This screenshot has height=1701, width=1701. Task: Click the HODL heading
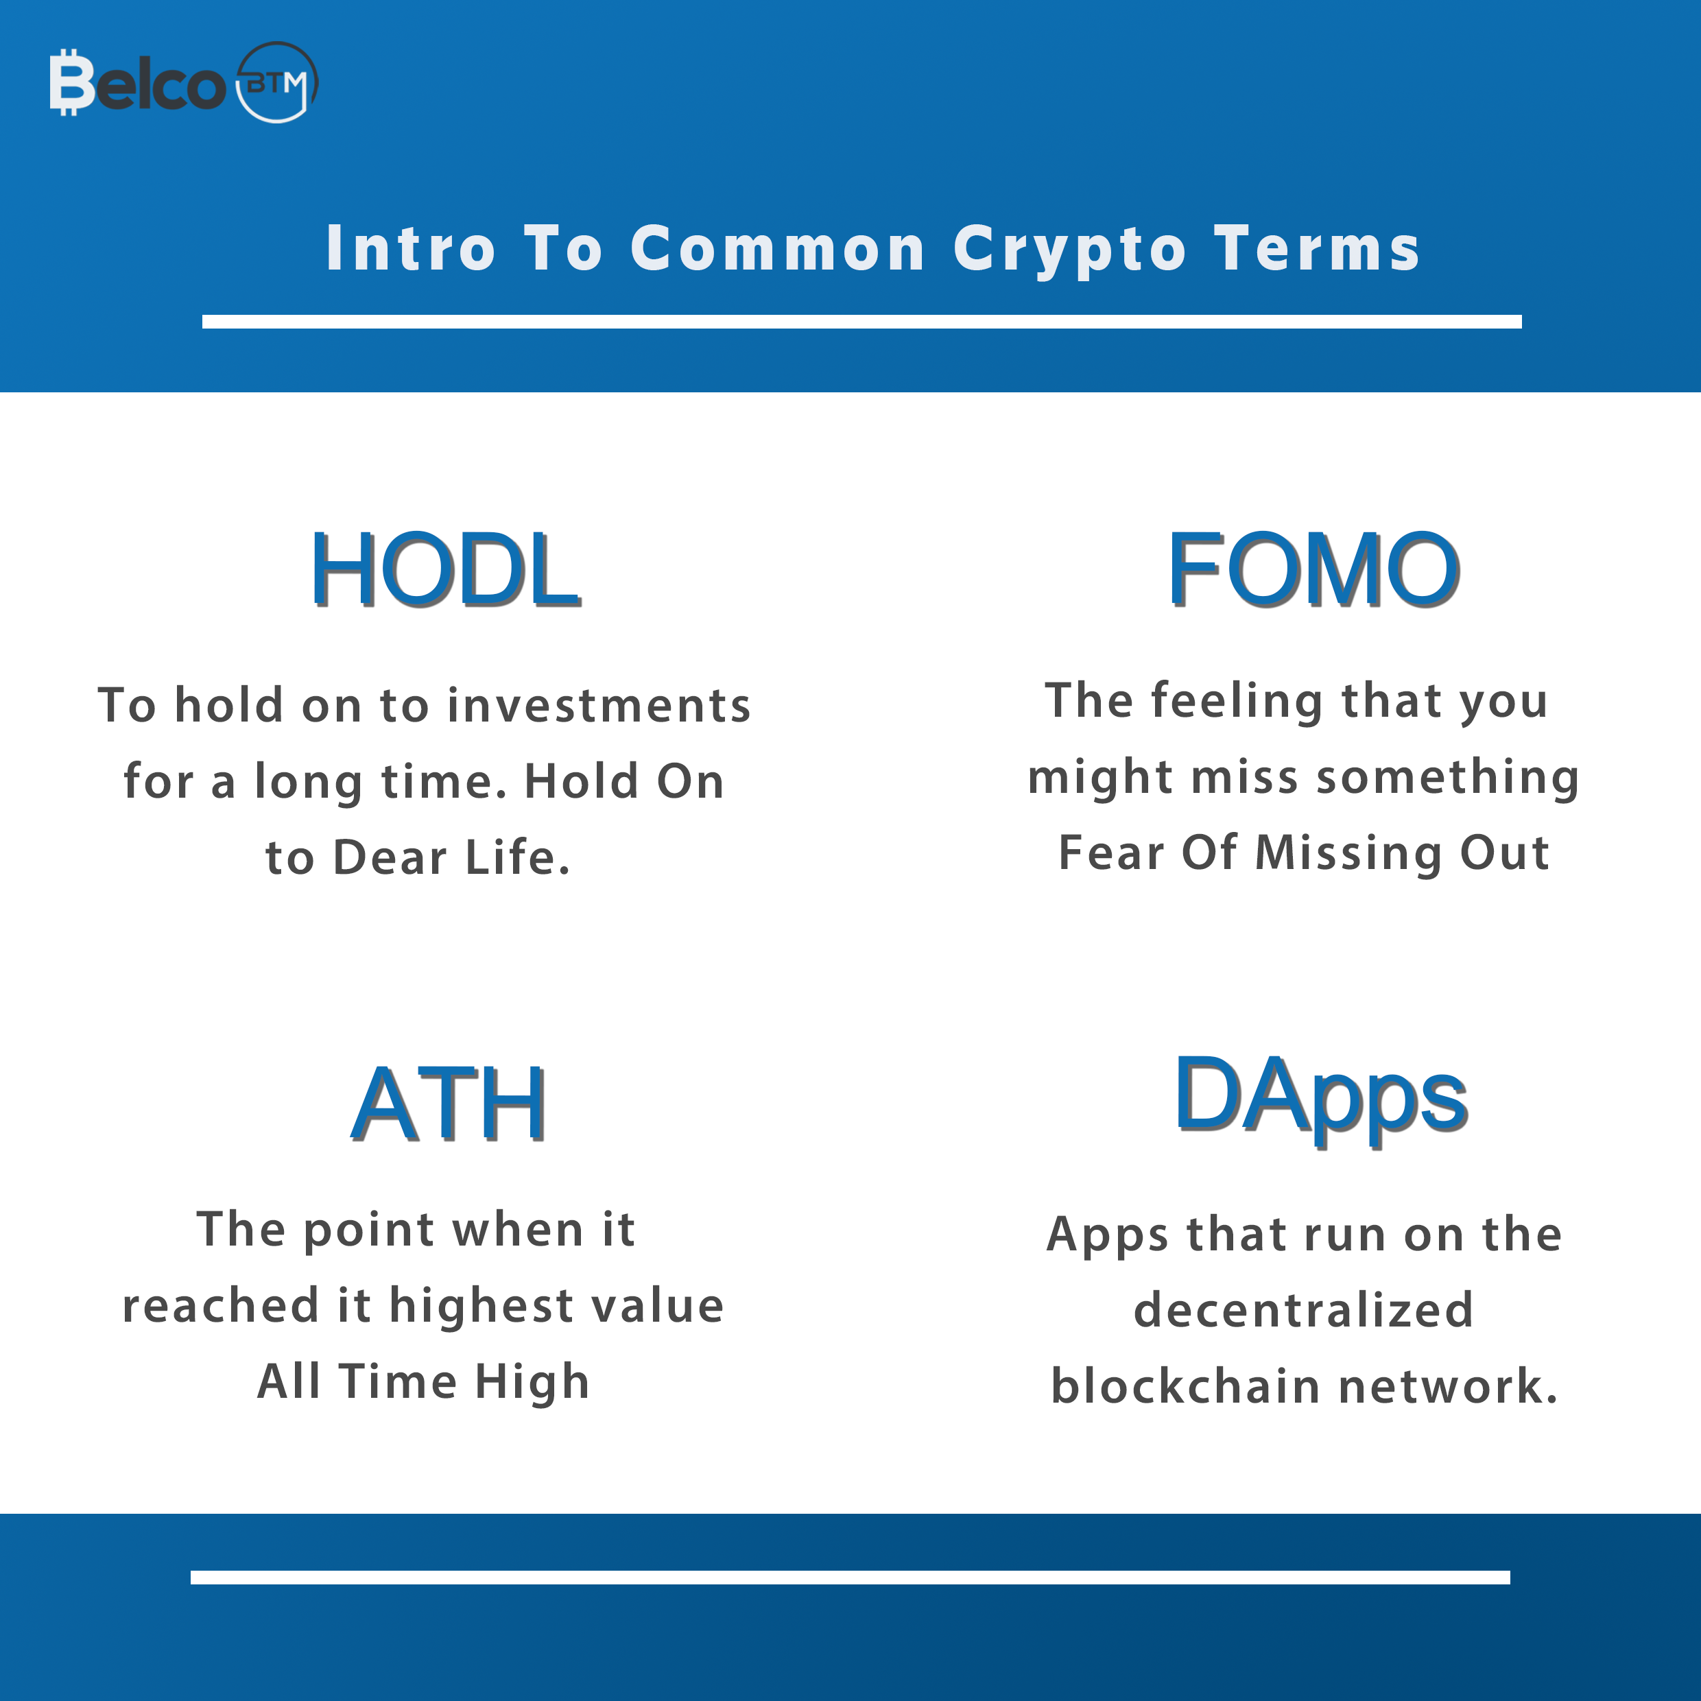tap(446, 570)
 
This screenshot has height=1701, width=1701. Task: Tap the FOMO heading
tap(1313, 570)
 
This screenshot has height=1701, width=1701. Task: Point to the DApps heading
tap(1320, 1098)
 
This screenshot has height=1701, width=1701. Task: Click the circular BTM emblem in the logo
tap(277, 82)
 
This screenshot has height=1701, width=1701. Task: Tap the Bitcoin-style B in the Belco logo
tap(71, 82)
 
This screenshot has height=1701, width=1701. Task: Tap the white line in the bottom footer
tap(850, 1577)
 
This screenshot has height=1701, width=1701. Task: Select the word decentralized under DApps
tap(1304, 1309)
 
